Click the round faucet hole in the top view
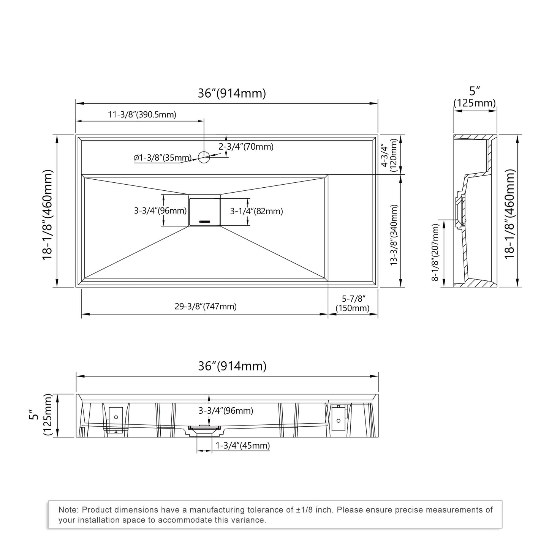204,157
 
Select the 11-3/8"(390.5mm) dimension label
142,115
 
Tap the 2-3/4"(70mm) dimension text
246,147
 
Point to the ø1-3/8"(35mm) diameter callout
162,158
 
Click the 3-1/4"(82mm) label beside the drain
256,211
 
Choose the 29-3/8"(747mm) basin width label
206,307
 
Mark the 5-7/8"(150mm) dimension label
353,304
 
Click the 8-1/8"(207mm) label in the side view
435,252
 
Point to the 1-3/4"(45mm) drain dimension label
242,446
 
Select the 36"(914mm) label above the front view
232,366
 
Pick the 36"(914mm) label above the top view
232,93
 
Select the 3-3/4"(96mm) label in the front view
226,411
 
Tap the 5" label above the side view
475,91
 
